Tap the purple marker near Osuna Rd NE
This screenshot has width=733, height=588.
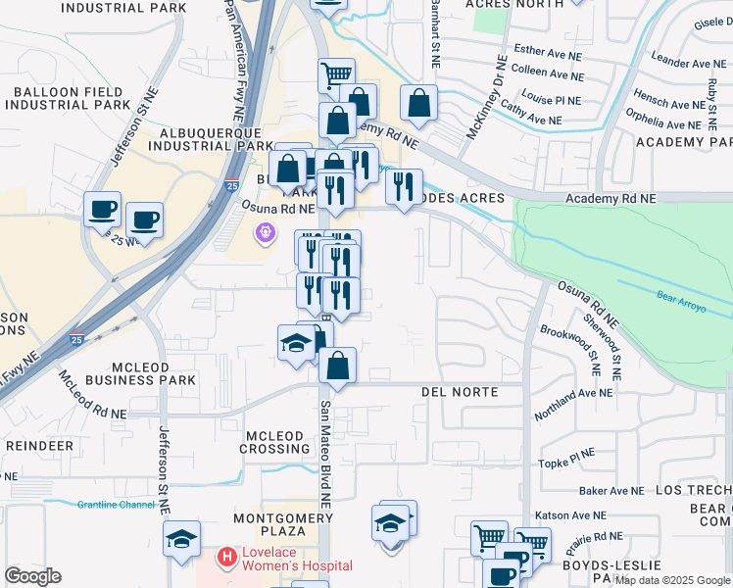(264, 233)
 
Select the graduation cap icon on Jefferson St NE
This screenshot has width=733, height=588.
(182, 539)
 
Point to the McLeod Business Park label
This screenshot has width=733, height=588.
(140, 370)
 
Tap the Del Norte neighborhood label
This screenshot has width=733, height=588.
(460, 392)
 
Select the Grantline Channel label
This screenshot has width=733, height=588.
(116, 505)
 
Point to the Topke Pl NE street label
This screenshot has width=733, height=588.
(567, 457)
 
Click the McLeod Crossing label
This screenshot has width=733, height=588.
(276, 442)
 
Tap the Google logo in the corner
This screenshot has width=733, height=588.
(33, 576)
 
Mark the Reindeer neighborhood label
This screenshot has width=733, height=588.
(39, 445)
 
